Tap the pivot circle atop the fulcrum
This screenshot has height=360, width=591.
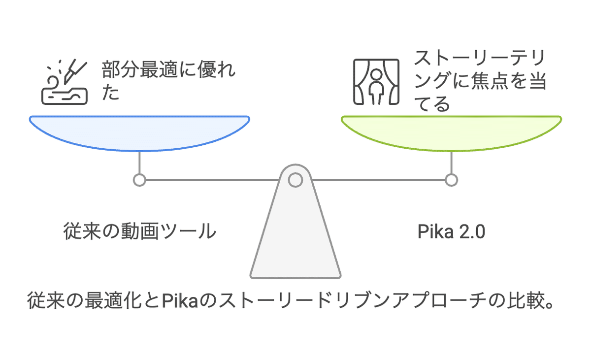(x=295, y=180)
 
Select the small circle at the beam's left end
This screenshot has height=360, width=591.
(x=139, y=180)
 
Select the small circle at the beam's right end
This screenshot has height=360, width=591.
(x=451, y=180)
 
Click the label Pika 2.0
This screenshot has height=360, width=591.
(x=451, y=232)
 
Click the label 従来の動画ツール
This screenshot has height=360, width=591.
(x=140, y=231)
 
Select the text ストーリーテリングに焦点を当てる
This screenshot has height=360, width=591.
(x=480, y=82)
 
